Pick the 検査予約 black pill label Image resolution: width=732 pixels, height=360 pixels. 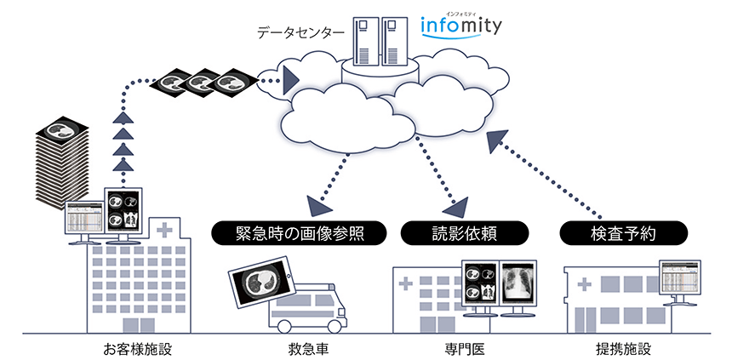coord(622,232)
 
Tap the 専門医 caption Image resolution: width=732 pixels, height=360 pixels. coord(465,348)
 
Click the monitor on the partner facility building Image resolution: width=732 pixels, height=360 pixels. coord(680,277)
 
